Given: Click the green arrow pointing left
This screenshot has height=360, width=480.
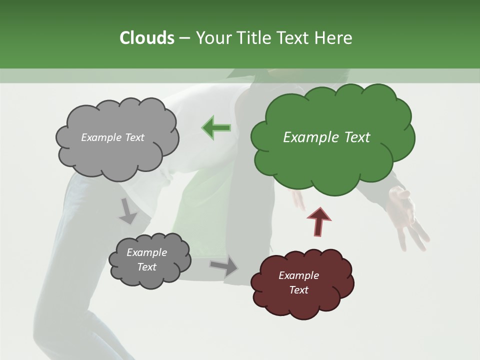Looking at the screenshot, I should pos(216,128).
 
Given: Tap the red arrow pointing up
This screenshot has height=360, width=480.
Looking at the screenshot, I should pos(319,221).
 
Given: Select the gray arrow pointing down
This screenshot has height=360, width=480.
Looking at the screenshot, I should pos(128,211).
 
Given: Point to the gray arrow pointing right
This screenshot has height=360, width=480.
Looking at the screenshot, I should pos(224,266).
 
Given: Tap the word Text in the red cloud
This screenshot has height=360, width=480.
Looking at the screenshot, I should pos(298,290).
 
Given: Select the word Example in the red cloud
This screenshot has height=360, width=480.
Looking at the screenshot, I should pos(298,275).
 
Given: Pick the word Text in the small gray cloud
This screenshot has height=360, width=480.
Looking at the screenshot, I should pos(146,267).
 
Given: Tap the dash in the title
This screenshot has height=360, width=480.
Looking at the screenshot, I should pos(184,38).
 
